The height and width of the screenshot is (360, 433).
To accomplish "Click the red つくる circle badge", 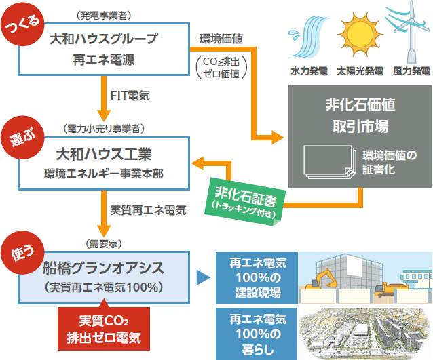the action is click(x=22, y=24).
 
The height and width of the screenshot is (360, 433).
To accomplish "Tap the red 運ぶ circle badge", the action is click(x=22, y=138).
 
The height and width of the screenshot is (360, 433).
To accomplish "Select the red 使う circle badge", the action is click(x=22, y=252).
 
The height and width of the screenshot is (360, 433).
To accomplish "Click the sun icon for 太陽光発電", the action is click(x=360, y=34).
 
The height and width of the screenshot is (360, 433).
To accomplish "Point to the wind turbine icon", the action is click(x=408, y=32).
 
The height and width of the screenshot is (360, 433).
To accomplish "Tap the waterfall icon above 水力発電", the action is click(x=309, y=37).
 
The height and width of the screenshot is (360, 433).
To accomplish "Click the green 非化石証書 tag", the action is click(x=245, y=201).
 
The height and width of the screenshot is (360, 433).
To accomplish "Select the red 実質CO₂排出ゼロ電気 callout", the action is click(x=104, y=328).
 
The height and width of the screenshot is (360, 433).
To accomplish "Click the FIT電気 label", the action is click(x=130, y=96).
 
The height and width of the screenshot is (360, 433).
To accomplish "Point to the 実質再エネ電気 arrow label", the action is click(x=148, y=210).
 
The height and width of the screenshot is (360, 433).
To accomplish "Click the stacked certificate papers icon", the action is click(x=330, y=161).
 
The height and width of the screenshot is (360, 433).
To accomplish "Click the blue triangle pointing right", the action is click(x=203, y=277).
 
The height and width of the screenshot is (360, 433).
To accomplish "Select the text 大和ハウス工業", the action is click(x=104, y=154).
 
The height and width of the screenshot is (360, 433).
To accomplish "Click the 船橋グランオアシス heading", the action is click(x=104, y=268).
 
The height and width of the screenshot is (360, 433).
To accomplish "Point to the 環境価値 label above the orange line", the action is click(x=221, y=39).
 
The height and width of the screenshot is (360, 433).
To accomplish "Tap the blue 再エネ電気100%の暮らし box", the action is click(x=257, y=334).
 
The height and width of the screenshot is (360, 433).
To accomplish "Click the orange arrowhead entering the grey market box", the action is click(x=278, y=137).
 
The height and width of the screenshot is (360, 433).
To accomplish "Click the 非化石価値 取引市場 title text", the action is click(x=360, y=115).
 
